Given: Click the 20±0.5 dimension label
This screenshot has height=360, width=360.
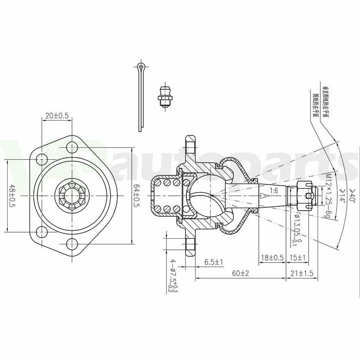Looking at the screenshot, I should click(57, 116).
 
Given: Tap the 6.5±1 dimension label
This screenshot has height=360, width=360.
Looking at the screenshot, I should click(214, 262).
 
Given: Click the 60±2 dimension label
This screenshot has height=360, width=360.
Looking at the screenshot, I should click(240, 273).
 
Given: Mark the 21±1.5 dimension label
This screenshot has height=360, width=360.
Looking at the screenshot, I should click(301, 273).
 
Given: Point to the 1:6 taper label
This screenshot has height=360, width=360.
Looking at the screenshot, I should click(273, 190).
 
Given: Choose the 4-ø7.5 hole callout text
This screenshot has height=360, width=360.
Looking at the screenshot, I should click(173, 276).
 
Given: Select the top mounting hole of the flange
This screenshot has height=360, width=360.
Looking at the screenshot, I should click(71, 147).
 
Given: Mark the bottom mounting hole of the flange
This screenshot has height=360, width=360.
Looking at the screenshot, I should click(71, 244).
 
